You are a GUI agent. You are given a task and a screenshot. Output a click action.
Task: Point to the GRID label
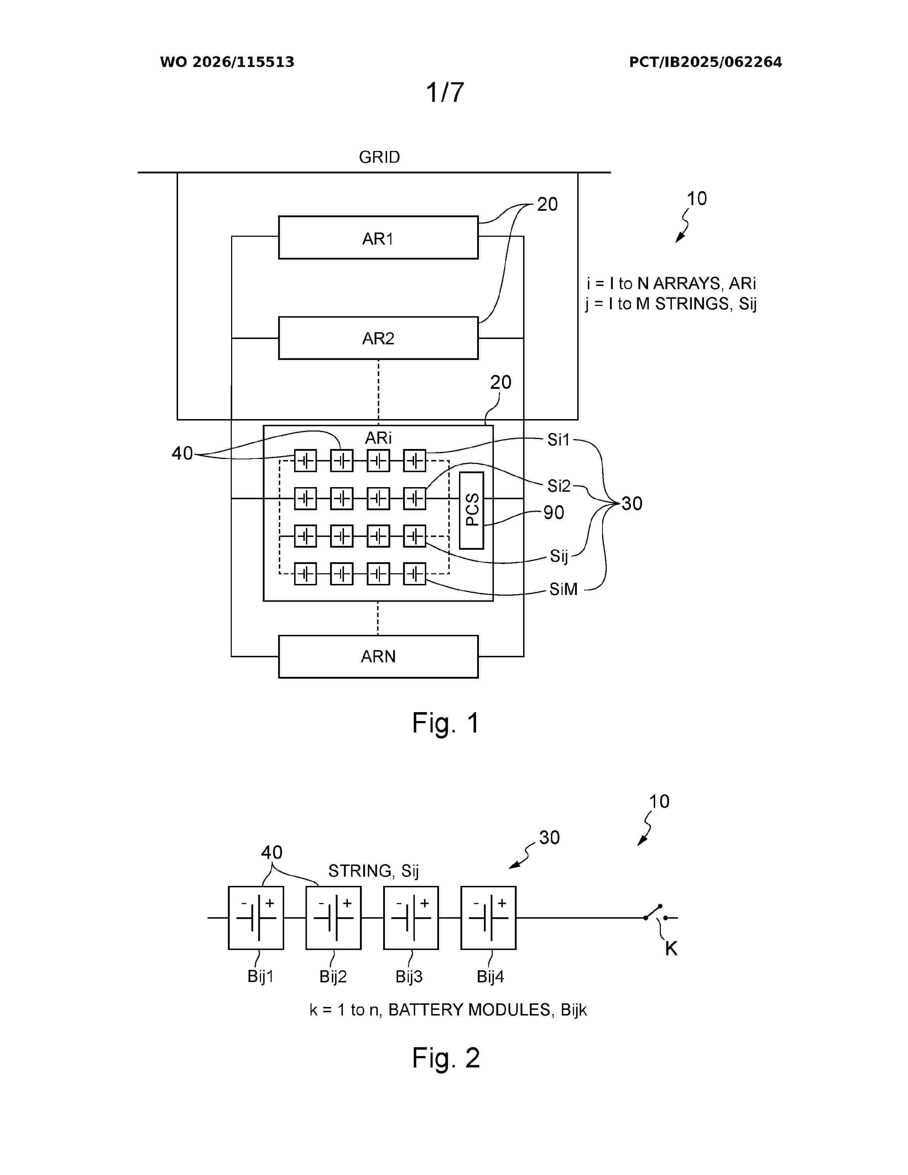tap(379, 157)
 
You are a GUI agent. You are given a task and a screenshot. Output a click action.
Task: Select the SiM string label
tap(563, 589)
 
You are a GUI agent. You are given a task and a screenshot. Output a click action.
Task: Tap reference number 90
tap(553, 512)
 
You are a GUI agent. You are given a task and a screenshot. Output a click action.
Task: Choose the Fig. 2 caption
tap(445, 1058)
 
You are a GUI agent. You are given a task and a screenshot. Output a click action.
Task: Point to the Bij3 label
tap(409, 976)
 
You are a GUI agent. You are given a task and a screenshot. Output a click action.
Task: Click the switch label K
tap(671, 949)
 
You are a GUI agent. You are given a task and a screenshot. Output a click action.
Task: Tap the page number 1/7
tap(445, 93)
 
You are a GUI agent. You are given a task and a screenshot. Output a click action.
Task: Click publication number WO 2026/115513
tap(227, 62)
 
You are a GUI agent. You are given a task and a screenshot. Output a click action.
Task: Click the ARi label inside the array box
tap(378, 438)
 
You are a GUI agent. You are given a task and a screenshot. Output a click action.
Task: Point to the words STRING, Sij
tap(373, 871)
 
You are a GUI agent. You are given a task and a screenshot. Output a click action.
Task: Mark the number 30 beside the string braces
tap(632, 503)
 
